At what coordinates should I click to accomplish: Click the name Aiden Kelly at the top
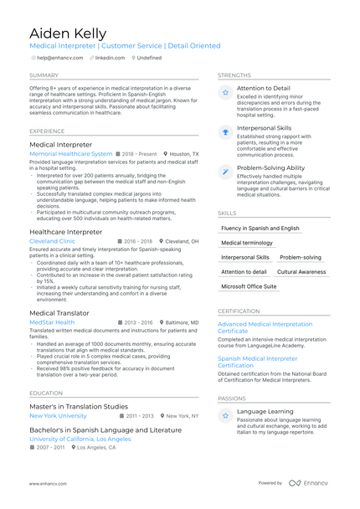point(68,33)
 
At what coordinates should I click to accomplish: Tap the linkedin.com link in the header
point(110,58)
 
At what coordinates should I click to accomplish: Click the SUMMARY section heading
point(44,75)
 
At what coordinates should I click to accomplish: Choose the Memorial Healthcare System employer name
point(70,154)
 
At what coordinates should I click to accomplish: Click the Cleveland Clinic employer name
point(52,241)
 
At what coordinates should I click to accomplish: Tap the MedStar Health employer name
point(51,322)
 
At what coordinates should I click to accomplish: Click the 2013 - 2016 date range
point(138,322)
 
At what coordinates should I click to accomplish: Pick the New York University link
point(58,415)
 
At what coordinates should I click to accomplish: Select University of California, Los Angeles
point(80,439)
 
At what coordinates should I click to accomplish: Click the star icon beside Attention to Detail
point(225,93)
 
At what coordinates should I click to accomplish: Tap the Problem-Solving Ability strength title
point(270,167)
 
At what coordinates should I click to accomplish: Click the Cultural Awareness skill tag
point(301,272)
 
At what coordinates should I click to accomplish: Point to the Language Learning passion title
point(266,411)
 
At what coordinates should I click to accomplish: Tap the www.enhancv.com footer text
point(48,483)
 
